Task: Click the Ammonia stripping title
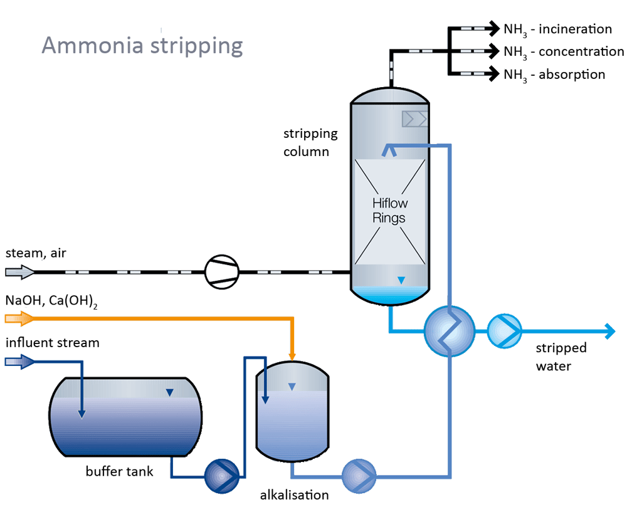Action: [142, 46]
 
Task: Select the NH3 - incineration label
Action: [557, 29]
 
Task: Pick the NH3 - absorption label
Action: [554, 75]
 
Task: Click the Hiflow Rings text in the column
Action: [389, 211]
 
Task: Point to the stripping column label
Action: [310, 142]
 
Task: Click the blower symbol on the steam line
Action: [222, 273]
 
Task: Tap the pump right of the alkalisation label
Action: [359, 476]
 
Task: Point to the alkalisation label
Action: [294, 495]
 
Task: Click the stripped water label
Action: [561, 357]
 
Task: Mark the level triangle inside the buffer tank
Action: [169, 393]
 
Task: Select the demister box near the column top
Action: [415, 118]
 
